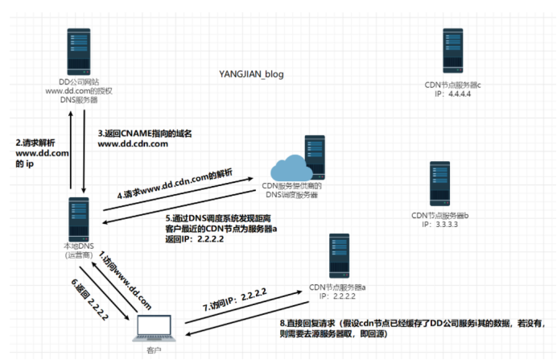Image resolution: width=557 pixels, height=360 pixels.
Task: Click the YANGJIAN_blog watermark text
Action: [x=251, y=74]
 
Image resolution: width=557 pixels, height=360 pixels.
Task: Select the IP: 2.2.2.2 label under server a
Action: [x=338, y=296]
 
